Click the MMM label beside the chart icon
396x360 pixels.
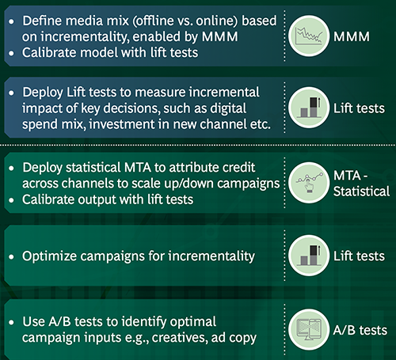pyautogui.click(x=360, y=36)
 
